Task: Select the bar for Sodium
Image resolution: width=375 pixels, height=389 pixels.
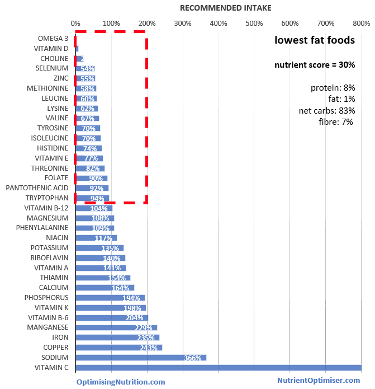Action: click(x=140, y=358)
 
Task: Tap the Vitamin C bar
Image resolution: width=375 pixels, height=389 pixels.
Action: click(x=218, y=368)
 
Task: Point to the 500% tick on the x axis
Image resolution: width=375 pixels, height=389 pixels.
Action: click(x=254, y=24)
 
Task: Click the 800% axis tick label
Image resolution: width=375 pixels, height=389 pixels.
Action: click(x=361, y=24)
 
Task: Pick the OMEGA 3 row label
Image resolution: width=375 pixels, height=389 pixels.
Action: click(x=53, y=39)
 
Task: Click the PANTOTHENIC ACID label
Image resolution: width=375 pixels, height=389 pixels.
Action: click(x=37, y=188)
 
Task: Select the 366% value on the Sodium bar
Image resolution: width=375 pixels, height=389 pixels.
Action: click(x=192, y=358)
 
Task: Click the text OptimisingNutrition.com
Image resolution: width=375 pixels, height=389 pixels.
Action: click(x=121, y=382)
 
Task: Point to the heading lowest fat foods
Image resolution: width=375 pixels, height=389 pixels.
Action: click(x=315, y=40)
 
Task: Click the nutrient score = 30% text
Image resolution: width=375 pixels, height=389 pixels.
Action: click(x=315, y=65)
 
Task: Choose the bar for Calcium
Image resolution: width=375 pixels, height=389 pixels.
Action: click(x=105, y=288)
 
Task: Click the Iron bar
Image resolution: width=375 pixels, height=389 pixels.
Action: click(x=117, y=338)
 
